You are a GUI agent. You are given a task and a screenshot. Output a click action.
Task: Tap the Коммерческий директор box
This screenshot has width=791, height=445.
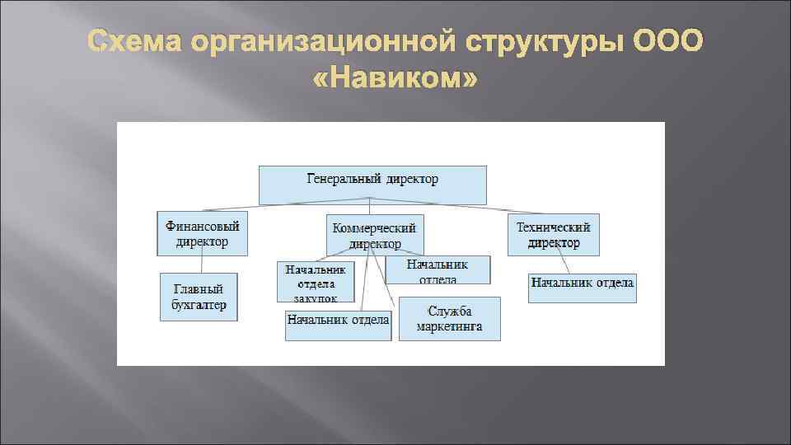375,235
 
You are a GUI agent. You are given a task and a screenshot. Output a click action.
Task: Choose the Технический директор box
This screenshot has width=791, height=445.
553,234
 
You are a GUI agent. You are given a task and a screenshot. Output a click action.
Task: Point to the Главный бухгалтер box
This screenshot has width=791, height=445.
199,297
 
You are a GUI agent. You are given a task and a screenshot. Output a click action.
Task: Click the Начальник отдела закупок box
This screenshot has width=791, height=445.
316,282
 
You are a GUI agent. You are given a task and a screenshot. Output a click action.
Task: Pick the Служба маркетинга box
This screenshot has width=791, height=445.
449,319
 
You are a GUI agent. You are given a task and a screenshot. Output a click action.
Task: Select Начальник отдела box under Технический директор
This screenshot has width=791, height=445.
582,288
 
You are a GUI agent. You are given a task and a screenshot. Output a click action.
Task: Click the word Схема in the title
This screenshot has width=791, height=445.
136,42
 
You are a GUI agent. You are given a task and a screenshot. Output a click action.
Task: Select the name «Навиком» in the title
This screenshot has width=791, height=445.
395,81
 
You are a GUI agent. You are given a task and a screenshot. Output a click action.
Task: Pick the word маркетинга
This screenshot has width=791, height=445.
449,326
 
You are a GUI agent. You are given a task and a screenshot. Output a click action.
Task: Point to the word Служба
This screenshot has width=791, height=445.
449,311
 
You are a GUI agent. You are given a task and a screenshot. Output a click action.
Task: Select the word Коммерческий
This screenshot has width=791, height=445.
375,227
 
